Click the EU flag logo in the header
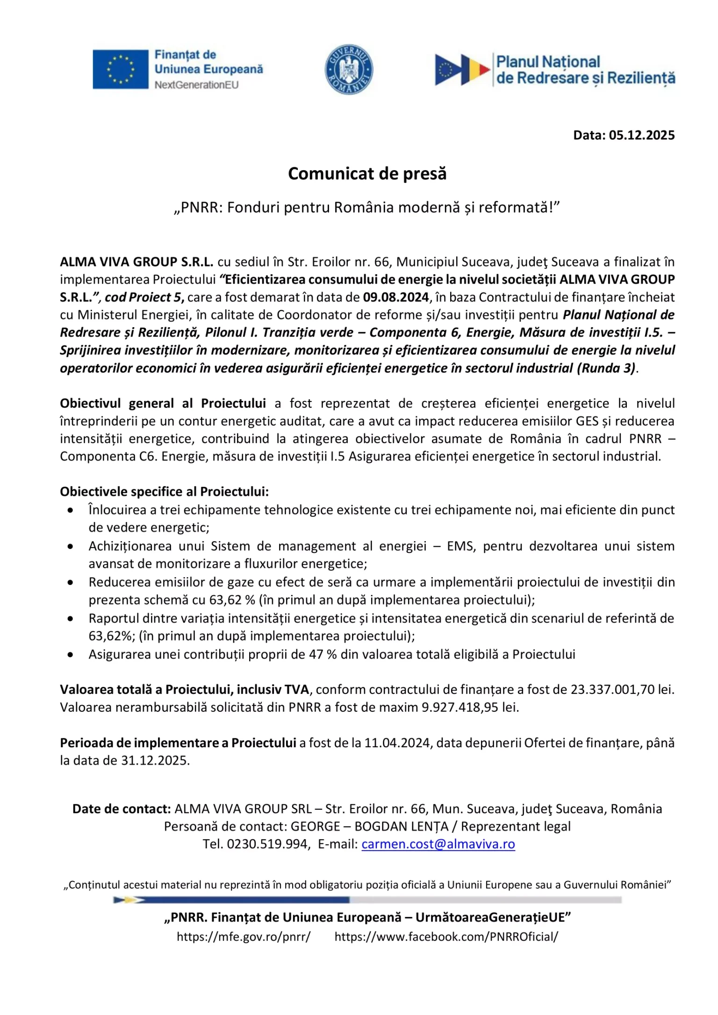pos(120,69)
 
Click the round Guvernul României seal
pos(349,70)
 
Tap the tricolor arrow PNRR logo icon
pos(462,70)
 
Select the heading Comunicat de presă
pos(367,173)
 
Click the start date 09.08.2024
pos(395,297)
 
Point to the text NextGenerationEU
pos(196,85)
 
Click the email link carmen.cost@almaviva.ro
pos(438,844)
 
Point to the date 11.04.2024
pos(398,743)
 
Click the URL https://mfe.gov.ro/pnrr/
pos(243,936)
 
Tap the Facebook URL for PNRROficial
pos(446,936)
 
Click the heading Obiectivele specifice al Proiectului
pos(164,492)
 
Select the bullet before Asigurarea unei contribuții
pos(70,655)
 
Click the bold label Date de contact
pos(122,809)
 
